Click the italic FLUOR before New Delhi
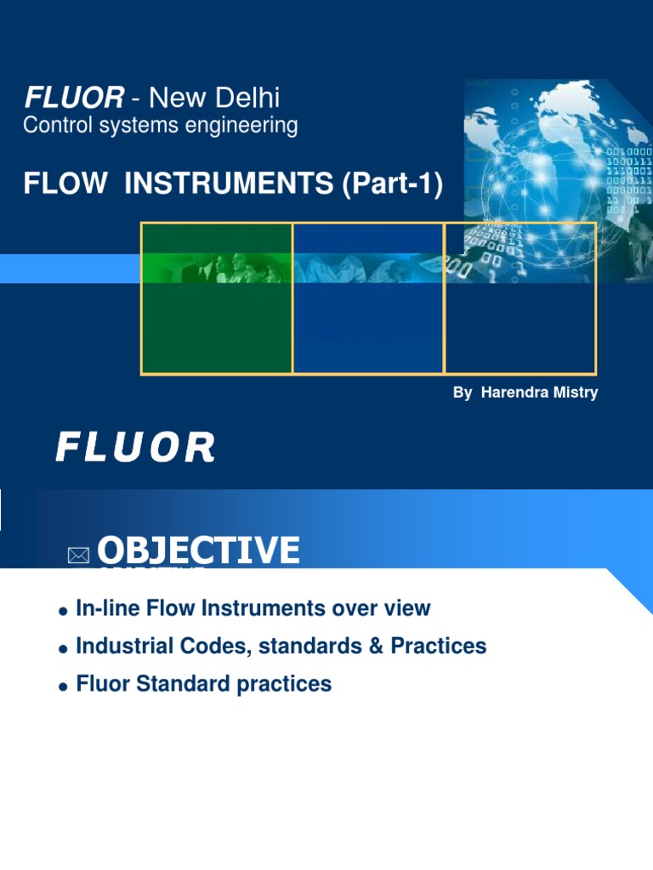tap(75, 98)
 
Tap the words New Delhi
tap(214, 98)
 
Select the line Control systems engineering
tap(161, 126)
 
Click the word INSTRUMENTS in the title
tap(229, 184)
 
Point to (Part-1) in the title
tap(393, 184)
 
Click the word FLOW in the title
tap(65, 184)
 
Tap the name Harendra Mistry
tap(539, 393)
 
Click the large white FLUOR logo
tap(135, 447)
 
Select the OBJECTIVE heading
tap(198, 550)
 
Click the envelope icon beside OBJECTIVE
tap(78, 556)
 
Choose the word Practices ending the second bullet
tap(439, 647)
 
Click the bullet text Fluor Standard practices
tap(204, 684)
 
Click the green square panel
tap(217, 298)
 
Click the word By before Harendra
tap(463, 393)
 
